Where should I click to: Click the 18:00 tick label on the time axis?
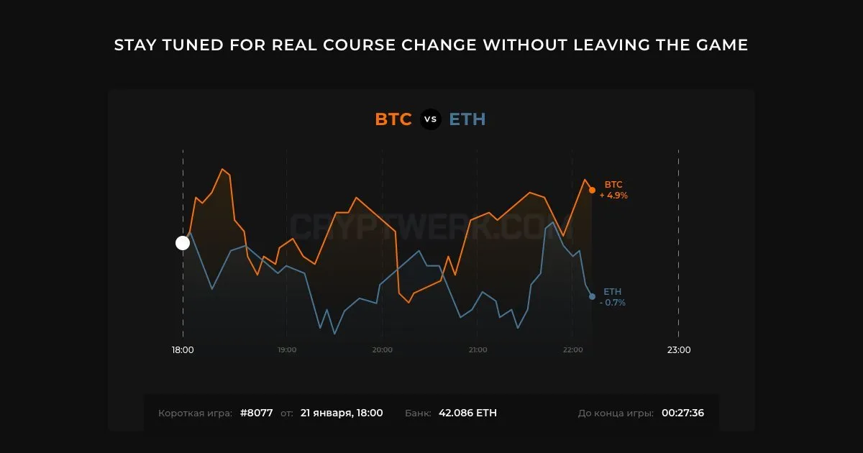pos(183,349)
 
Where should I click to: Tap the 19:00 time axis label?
pos(287,349)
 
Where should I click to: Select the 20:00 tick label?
pos(382,349)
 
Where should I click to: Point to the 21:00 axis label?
pos(478,349)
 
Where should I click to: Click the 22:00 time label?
pos(573,349)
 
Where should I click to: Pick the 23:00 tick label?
pos(679,349)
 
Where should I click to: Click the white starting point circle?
pos(183,243)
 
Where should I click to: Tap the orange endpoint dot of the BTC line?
pos(592,190)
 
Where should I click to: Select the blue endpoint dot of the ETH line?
pos(592,296)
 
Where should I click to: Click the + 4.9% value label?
pos(613,196)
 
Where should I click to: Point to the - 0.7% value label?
pos(613,303)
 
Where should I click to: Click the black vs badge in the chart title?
pos(430,119)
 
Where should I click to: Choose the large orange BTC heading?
pos(393,119)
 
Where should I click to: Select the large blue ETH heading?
pos(467,119)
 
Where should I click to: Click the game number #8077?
pos(256,413)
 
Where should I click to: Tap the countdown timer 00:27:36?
pos(682,413)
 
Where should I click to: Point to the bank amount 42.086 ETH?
pos(467,413)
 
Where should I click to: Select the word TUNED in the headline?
pos(193,45)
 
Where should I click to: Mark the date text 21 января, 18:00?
pos(342,413)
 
